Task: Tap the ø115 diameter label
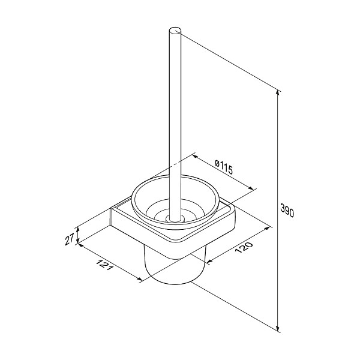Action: [x=224, y=167]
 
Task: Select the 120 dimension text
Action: [x=244, y=247]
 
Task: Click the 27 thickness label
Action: [x=70, y=239]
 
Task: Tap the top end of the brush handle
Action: [x=175, y=31]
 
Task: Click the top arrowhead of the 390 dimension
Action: [x=278, y=92]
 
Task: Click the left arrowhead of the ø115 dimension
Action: [x=195, y=157]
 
